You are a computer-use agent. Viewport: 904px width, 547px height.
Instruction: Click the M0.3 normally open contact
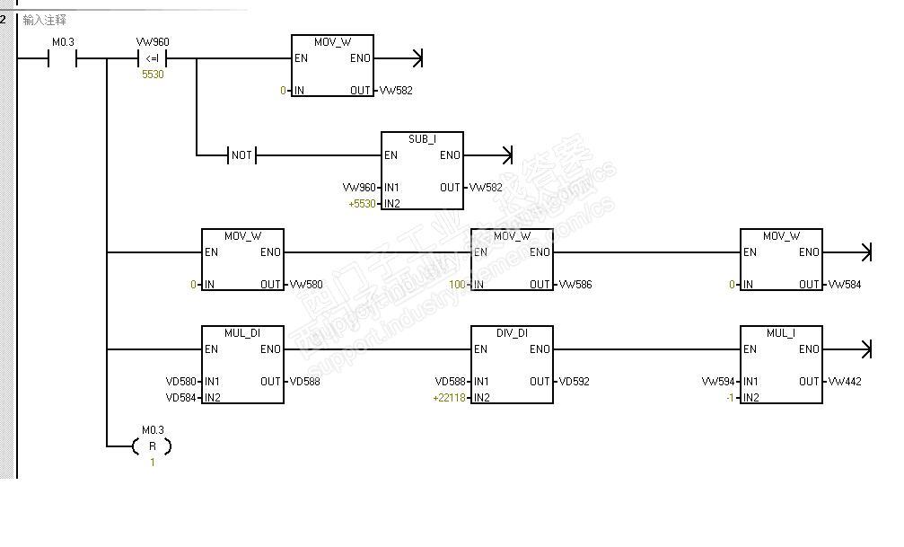pyautogui.click(x=63, y=59)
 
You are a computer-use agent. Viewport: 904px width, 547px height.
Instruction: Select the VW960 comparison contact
pyautogui.click(x=153, y=59)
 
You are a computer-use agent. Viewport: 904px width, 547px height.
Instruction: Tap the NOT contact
pyautogui.click(x=241, y=155)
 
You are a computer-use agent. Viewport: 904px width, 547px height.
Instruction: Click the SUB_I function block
pyautogui.click(x=422, y=171)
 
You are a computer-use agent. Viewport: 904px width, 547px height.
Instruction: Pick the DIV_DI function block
pyautogui.click(x=512, y=365)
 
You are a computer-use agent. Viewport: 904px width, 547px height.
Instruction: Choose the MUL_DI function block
pyautogui.click(x=242, y=365)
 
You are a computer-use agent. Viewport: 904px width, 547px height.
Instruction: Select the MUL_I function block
pyautogui.click(x=781, y=365)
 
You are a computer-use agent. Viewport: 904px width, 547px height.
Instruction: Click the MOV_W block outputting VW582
pyautogui.click(x=332, y=66)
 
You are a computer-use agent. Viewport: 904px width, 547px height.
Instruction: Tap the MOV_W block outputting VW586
pyautogui.click(x=512, y=260)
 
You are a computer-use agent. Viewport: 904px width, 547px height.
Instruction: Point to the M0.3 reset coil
pyautogui.click(x=152, y=446)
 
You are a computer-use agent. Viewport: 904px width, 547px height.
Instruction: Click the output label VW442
pyautogui.click(x=845, y=382)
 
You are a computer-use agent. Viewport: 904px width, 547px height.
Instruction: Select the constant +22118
pyautogui.click(x=449, y=398)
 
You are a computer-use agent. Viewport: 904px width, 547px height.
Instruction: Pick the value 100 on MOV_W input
pyautogui.click(x=459, y=285)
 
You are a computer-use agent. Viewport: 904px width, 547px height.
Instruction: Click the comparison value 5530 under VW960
pyautogui.click(x=153, y=75)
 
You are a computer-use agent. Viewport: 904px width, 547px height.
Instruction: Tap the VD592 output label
pyautogui.click(x=575, y=382)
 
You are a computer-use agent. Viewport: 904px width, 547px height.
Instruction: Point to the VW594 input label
pyautogui.click(x=718, y=382)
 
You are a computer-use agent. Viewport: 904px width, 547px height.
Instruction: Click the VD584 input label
pyautogui.click(x=180, y=398)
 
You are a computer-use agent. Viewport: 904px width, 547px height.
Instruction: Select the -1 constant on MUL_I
pyautogui.click(x=731, y=398)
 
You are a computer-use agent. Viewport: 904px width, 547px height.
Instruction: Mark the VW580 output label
pyautogui.click(x=306, y=285)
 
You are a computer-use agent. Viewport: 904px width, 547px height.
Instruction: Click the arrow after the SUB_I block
pyautogui.click(x=506, y=155)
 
